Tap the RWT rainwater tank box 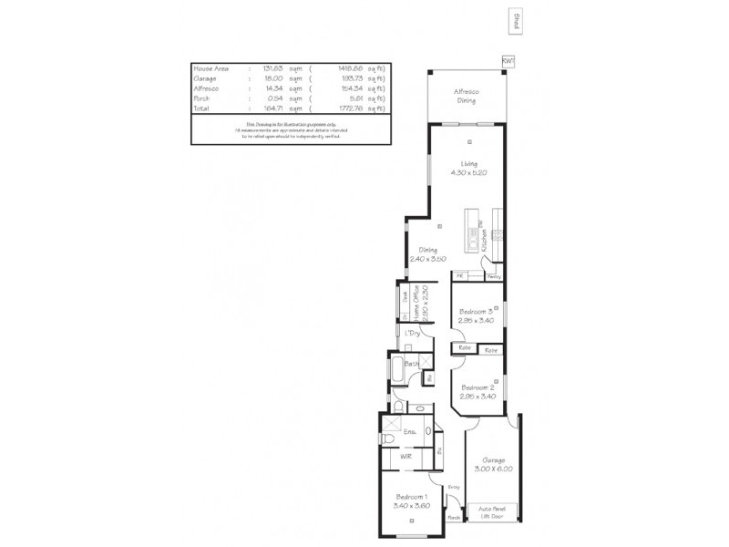pyautogui.click(x=508, y=60)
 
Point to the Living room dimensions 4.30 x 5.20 pyautogui.click(x=468, y=171)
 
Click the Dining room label pyautogui.click(x=427, y=250)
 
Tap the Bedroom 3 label pyautogui.click(x=477, y=311)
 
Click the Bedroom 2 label pyautogui.click(x=477, y=388)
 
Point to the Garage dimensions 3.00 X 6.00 pyautogui.click(x=493, y=469)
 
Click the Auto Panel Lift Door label pyautogui.click(x=493, y=513)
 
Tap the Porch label pyautogui.click(x=453, y=517)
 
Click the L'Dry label pyautogui.click(x=412, y=335)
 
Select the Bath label pyautogui.click(x=412, y=364)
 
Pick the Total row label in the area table pyautogui.click(x=201, y=108)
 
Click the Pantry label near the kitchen pyautogui.click(x=494, y=274)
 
